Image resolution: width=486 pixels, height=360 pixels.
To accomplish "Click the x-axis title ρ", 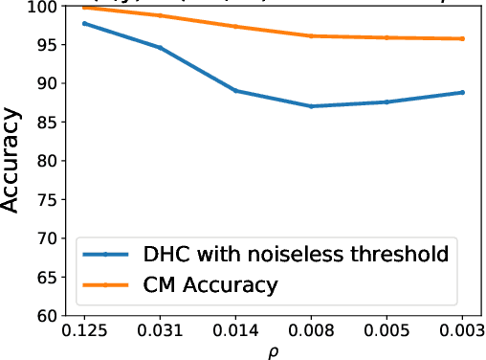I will point(274,351).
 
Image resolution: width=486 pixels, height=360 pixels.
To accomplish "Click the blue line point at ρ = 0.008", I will point(312,106).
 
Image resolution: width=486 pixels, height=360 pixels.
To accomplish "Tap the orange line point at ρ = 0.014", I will point(235,26).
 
